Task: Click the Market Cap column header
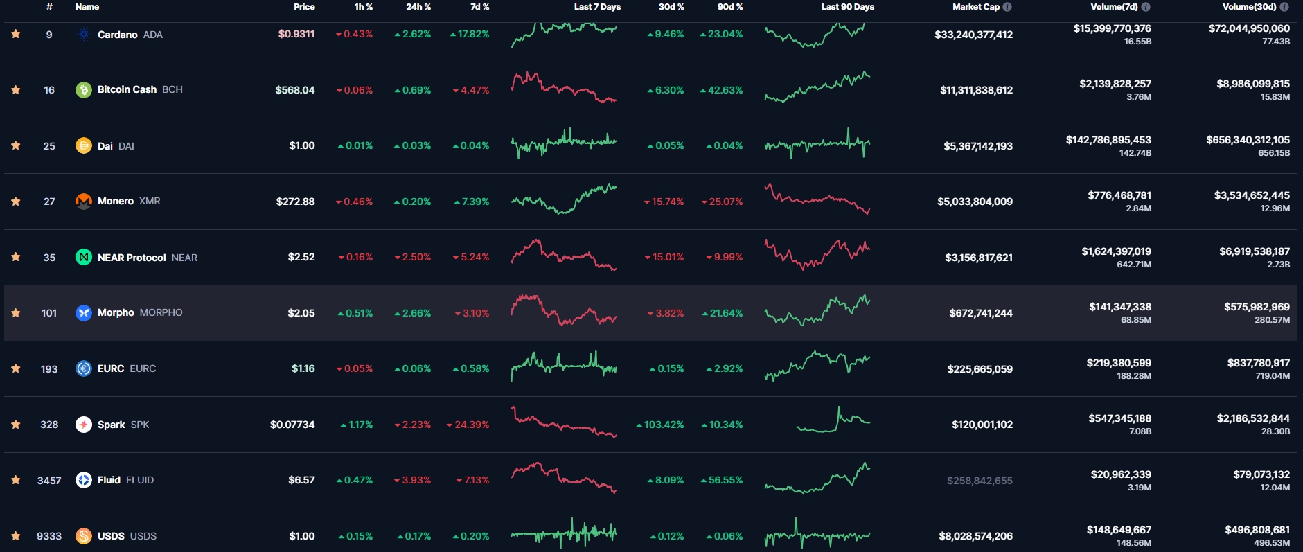pyautogui.click(x=975, y=7)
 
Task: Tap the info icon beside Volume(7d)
pyautogui.click(x=1146, y=7)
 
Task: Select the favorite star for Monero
pyautogui.click(x=16, y=202)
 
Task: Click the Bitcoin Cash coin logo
pyautogui.click(x=84, y=90)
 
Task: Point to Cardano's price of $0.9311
pyautogui.click(x=296, y=34)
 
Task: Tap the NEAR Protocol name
pyautogui.click(x=132, y=258)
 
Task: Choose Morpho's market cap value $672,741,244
pyautogui.click(x=980, y=313)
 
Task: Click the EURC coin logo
pyautogui.click(x=84, y=368)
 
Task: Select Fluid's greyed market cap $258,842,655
pyautogui.click(x=980, y=481)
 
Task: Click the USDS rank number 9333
pyautogui.click(x=49, y=536)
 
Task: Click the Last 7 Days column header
pyautogui.click(x=597, y=7)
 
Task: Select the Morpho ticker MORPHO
pyautogui.click(x=161, y=313)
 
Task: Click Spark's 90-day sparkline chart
pyautogui.click(x=833, y=421)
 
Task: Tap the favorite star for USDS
pyautogui.click(x=16, y=536)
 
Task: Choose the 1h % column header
pyautogui.click(x=364, y=7)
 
